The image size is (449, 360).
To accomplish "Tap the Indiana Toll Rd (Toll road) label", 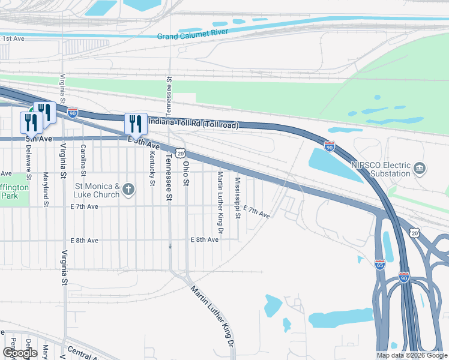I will coord(193,124).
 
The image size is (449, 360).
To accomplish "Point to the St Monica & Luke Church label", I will coord(96,190).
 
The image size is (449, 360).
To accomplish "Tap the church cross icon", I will coord(128,190).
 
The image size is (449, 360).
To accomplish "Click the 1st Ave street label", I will coord(13,38).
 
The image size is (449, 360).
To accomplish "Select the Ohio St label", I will coord(186,173).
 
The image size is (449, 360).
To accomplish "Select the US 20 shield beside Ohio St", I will coord(180,154).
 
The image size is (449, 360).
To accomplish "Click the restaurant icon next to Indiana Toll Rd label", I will coord(136,124).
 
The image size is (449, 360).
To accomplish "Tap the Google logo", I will coord(20,353).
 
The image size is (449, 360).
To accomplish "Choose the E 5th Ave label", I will coord(143,143).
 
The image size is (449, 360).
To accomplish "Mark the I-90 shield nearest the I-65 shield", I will coord(405,278).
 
